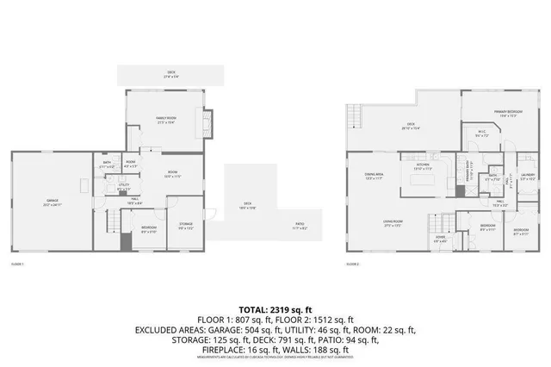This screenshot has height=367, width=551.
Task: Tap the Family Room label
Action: pyautogui.click(x=166, y=120)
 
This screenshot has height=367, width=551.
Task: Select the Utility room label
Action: pyautogui.click(x=124, y=185)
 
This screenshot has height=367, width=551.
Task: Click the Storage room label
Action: pyautogui.click(x=186, y=227)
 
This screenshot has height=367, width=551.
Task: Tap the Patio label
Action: pyautogui.click(x=299, y=227)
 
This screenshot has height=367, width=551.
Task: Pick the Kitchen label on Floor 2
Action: pyautogui.click(x=423, y=166)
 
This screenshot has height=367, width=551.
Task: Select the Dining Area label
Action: pyautogui.click(x=374, y=176)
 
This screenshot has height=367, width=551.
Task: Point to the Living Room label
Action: pyautogui.click(x=393, y=223)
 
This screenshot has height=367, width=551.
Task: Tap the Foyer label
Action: pyautogui.click(x=440, y=239)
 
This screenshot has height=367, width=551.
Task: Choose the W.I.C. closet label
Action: pyautogui.click(x=482, y=134)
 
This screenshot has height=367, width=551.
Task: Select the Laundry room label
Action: pyautogui.click(x=527, y=177)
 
